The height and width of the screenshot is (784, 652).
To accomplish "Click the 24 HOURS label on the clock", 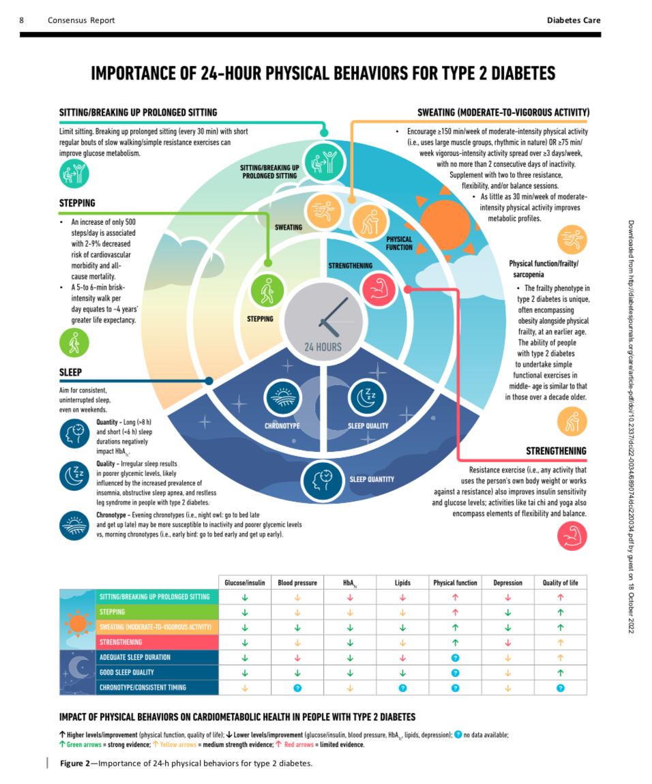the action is [x=323, y=347].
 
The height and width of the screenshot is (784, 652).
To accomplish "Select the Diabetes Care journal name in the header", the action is [x=574, y=20].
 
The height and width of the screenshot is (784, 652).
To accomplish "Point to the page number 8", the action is [x=22, y=20].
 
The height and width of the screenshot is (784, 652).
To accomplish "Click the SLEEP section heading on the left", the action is [x=70, y=372].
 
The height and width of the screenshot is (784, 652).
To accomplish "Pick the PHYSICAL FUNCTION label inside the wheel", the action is [x=399, y=243].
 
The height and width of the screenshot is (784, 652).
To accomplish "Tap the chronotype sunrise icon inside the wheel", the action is [x=283, y=398].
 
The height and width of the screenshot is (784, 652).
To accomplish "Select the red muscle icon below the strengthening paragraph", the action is [x=572, y=536].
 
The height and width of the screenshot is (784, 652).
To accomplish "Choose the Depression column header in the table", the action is [x=507, y=582].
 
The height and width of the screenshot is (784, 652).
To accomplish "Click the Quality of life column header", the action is [x=561, y=582].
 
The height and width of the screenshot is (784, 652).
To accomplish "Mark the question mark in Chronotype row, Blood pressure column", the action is [x=297, y=688].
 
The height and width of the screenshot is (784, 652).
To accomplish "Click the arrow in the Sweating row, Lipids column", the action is [x=402, y=627].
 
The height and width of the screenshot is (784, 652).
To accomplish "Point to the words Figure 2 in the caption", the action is [x=74, y=763].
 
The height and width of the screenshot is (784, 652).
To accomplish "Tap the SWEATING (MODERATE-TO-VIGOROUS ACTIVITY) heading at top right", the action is [x=503, y=112].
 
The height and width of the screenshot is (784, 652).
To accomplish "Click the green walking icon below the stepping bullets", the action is [x=74, y=343].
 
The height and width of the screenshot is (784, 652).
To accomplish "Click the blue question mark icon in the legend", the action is [x=458, y=734].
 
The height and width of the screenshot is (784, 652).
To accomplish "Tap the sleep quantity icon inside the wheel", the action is [x=323, y=481].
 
